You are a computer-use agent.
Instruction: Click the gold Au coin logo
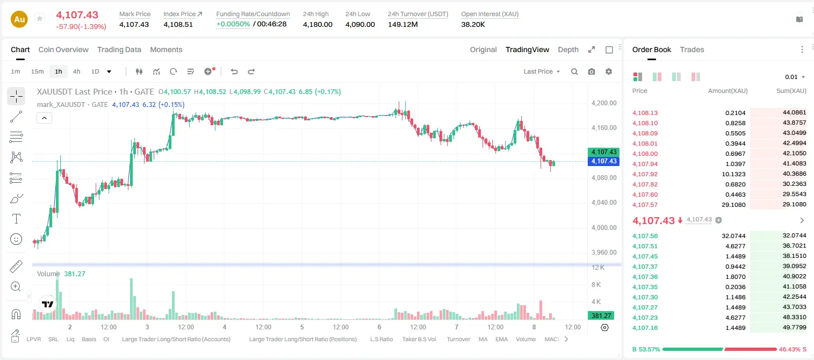point(19,19)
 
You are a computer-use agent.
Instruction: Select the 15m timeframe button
point(37,71)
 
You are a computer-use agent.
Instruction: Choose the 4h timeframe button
point(76,71)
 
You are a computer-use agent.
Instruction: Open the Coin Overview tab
point(63,49)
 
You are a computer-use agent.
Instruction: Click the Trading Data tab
point(119,49)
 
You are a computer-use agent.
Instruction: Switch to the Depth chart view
point(568,49)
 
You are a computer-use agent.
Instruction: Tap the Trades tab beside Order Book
point(692,49)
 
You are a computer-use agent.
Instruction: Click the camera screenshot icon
point(592,71)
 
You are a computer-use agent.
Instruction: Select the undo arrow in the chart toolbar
point(234,71)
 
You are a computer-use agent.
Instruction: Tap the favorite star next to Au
point(40,18)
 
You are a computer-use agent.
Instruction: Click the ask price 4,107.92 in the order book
point(645,174)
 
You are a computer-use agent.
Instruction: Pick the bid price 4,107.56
point(645,236)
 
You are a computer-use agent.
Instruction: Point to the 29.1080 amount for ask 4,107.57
point(733,205)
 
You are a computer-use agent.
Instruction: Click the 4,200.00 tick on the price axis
point(604,103)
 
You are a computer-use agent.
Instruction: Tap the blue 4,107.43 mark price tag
point(603,161)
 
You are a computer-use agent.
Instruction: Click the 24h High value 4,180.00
point(318,24)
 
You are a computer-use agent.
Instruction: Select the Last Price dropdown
point(542,71)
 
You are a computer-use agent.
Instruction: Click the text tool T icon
point(16,219)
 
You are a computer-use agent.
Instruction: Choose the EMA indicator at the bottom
point(501,339)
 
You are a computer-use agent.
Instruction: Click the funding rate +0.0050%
point(233,24)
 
